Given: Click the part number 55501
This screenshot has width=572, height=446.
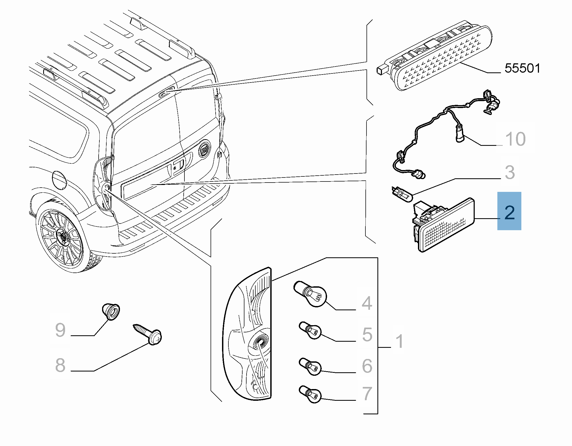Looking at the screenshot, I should (x=522, y=69).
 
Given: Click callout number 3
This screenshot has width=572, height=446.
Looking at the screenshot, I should (x=510, y=172).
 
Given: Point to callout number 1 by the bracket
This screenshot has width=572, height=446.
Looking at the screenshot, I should (x=399, y=341).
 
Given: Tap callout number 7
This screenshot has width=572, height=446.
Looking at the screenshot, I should (x=367, y=394).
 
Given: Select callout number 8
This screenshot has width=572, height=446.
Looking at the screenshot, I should (x=60, y=365).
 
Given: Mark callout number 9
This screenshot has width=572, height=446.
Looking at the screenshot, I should (x=60, y=330).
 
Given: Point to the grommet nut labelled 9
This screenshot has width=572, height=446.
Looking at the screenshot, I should (x=111, y=311).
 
